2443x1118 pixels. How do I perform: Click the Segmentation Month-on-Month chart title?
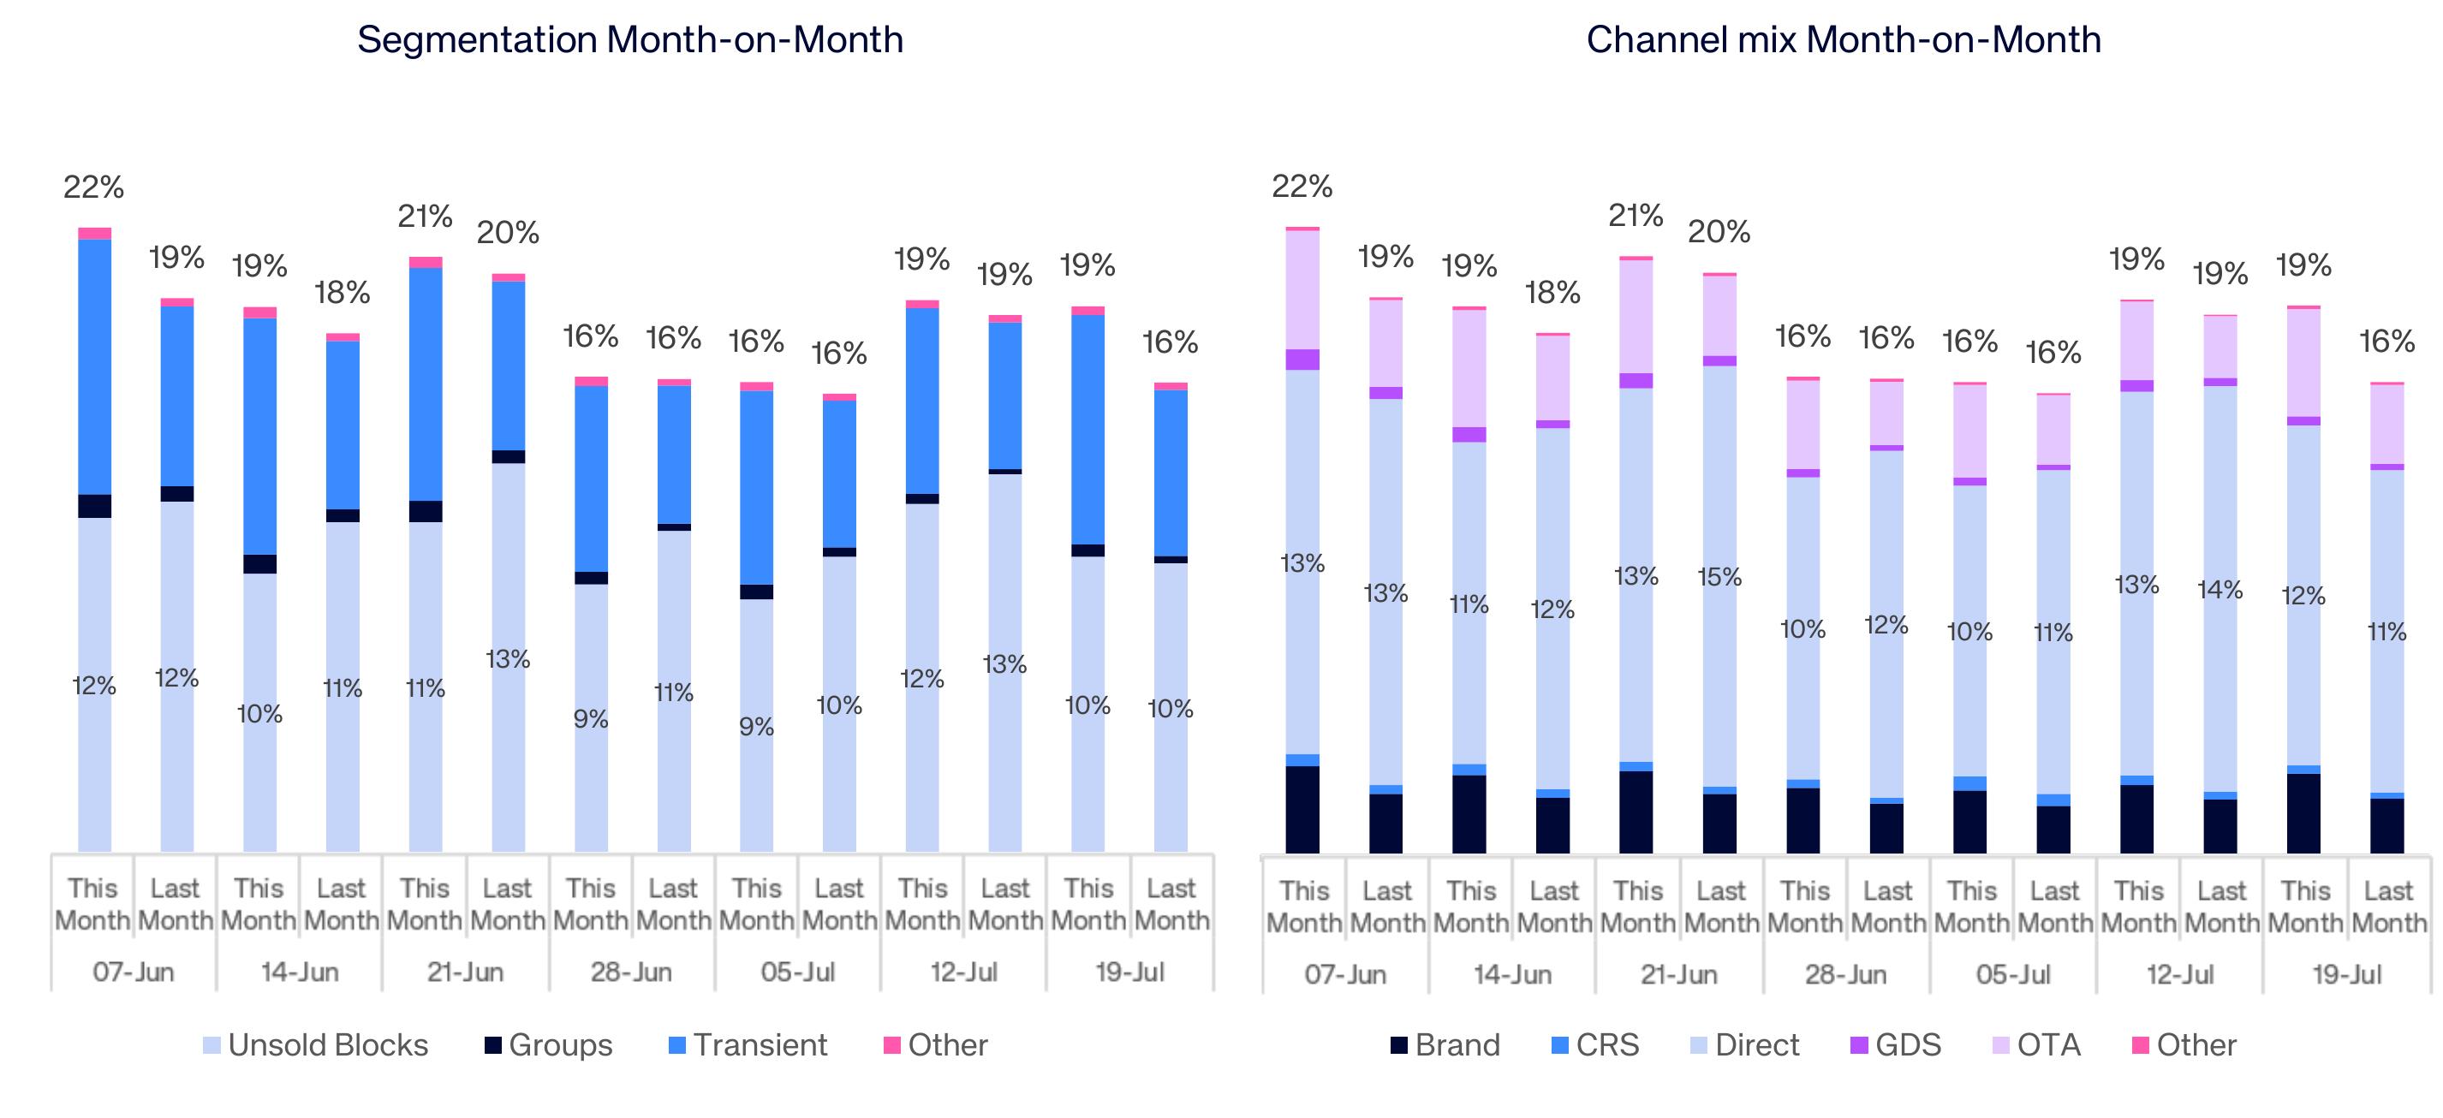click(x=629, y=40)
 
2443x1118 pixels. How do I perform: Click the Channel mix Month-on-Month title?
click(x=1844, y=40)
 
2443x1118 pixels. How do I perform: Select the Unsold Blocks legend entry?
click(x=316, y=1045)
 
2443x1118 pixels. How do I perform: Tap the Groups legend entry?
click(x=549, y=1045)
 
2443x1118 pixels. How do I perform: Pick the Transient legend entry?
click(x=748, y=1045)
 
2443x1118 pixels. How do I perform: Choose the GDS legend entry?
click(x=1896, y=1045)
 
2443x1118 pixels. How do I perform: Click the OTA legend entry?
click(x=2036, y=1045)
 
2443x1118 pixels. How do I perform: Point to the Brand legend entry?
click(x=1445, y=1045)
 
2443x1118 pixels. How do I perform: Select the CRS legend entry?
click(x=1595, y=1045)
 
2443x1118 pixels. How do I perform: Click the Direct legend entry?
click(x=1745, y=1045)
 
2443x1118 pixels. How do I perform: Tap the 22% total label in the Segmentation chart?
click(x=94, y=187)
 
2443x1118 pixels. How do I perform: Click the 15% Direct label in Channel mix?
click(x=1719, y=576)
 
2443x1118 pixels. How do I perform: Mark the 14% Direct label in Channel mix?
click(x=2220, y=590)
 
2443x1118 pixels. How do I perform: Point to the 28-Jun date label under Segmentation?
click(x=632, y=972)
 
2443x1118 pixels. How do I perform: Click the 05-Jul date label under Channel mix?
click(x=2013, y=975)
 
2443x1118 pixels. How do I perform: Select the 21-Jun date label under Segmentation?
click(x=466, y=972)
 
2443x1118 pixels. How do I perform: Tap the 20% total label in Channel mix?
click(x=1719, y=231)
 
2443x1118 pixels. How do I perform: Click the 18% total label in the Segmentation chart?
click(x=343, y=292)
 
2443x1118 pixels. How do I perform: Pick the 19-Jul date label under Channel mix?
click(x=2347, y=975)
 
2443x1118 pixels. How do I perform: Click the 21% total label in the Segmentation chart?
click(x=425, y=217)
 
